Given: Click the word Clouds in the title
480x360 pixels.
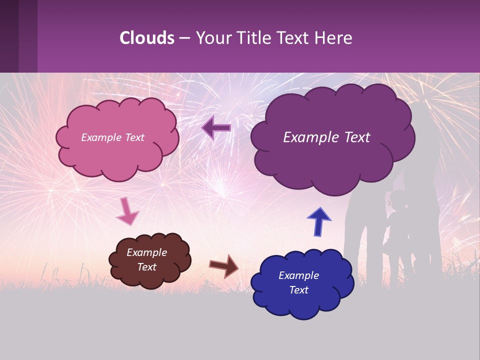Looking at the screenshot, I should [x=147, y=38].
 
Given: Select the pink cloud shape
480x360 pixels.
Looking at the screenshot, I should [x=117, y=155].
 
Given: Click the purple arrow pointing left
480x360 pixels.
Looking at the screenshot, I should [x=216, y=128].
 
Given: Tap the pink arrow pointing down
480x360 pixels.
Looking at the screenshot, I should [x=127, y=211].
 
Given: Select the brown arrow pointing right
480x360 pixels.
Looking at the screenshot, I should [x=223, y=265].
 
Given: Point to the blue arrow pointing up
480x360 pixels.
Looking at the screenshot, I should [x=318, y=221].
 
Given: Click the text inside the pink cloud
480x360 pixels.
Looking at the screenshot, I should [x=112, y=137].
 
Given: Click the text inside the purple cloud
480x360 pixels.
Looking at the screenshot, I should [x=326, y=137].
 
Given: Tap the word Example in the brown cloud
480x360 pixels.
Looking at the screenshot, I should [x=146, y=252].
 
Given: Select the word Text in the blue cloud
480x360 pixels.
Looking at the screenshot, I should [x=298, y=290].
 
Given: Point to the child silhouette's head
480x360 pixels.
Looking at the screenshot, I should [x=398, y=199].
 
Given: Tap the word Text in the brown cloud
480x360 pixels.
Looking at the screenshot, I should [x=146, y=267].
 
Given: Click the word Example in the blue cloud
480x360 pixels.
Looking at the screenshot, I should [x=298, y=275].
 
